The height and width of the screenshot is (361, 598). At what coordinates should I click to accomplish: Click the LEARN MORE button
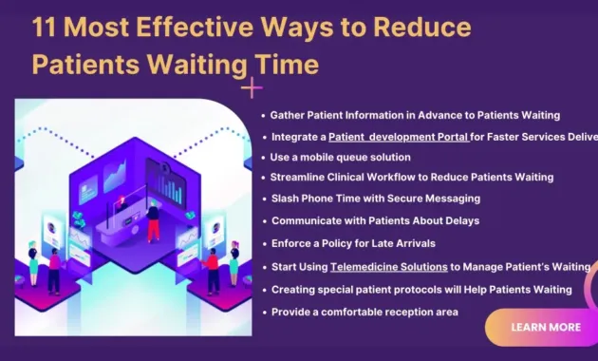[546, 327]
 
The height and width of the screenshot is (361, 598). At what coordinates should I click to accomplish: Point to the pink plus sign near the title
[252, 89]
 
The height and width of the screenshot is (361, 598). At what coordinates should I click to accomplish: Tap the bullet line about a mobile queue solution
[341, 157]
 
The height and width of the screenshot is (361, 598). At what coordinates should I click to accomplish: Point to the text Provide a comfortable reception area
[364, 312]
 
